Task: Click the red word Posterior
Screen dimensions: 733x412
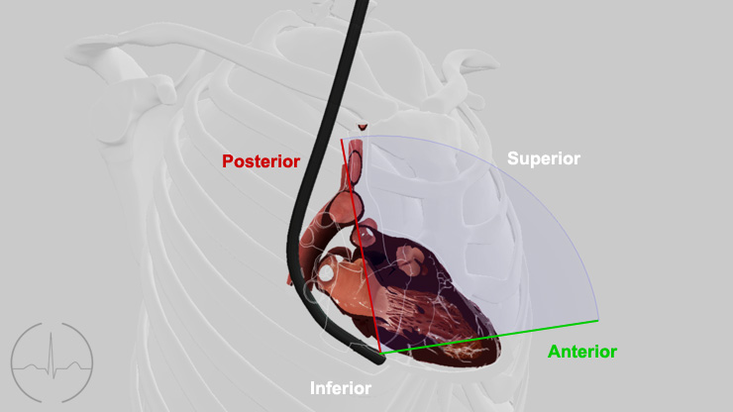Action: click(261, 161)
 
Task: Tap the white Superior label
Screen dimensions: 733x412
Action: click(544, 158)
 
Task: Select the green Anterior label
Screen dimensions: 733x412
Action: click(582, 352)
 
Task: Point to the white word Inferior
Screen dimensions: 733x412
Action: click(341, 388)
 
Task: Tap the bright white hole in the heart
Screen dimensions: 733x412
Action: click(325, 272)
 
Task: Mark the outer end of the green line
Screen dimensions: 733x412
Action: click(598, 320)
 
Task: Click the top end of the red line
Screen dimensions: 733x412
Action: click(342, 140)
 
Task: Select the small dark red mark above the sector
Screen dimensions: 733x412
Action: click(363, 126)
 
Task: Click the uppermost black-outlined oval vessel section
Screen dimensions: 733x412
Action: click(356, 166)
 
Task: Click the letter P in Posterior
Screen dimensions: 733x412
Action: click(228, 161)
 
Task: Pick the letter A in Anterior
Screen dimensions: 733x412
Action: click(555, 352)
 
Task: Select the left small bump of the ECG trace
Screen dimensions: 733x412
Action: click(33, 364)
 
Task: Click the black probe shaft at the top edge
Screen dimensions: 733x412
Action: click(362, 3)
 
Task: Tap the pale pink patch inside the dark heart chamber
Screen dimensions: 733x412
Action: click(409, 258)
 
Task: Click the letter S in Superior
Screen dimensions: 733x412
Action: click(512, 158)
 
